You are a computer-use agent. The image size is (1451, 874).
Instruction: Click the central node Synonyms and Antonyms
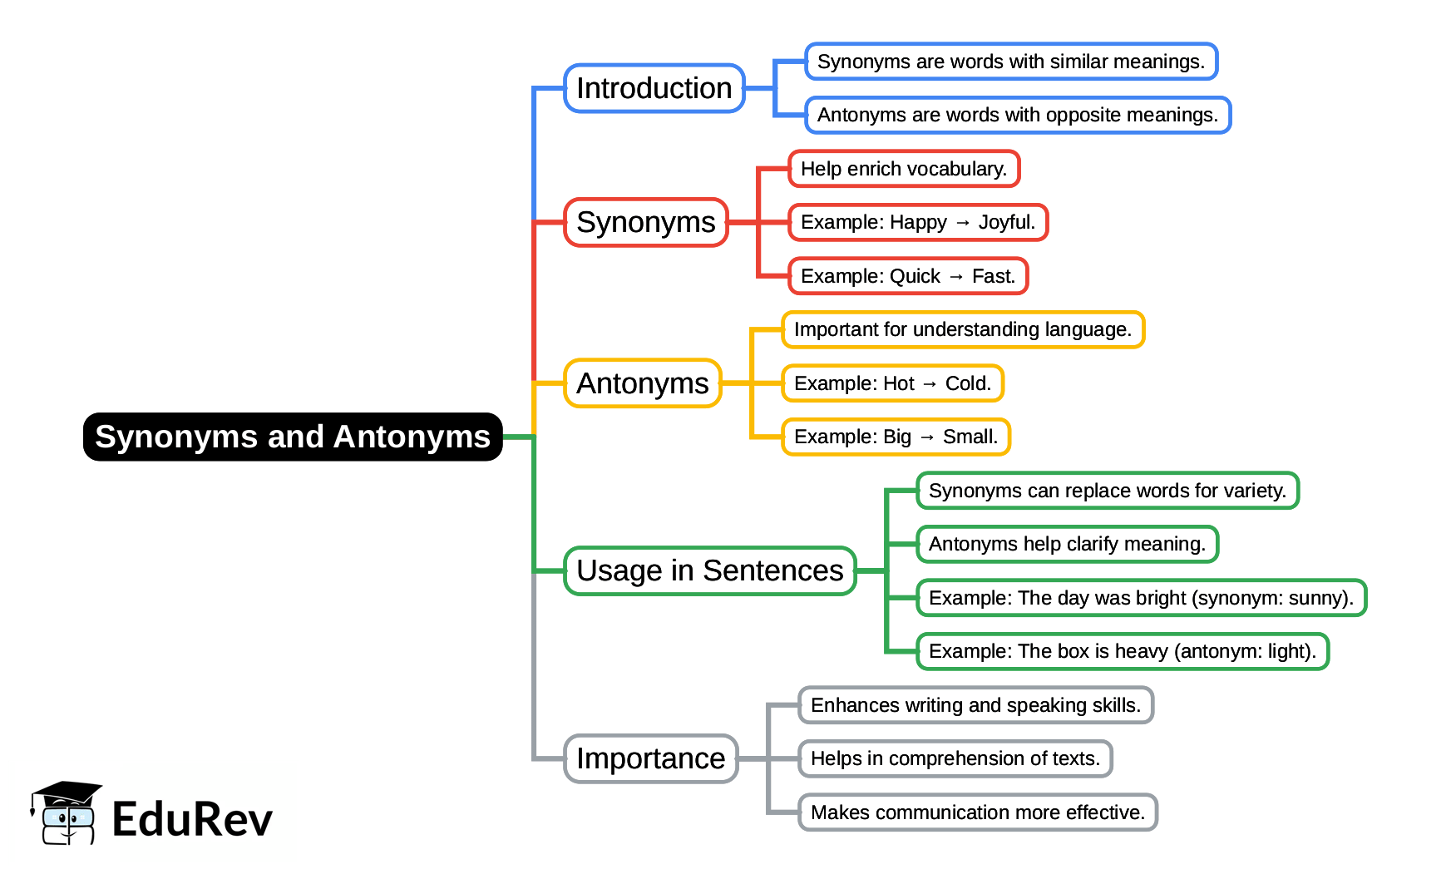(293, 437)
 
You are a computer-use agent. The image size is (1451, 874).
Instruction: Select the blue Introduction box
(654, 88)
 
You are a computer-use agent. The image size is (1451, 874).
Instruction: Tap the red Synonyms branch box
(646, 222)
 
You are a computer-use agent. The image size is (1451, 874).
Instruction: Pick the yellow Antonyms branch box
(643, 383)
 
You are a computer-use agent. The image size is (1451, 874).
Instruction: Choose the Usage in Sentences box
(709, 570)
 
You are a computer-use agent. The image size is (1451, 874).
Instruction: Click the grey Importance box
(651, 758)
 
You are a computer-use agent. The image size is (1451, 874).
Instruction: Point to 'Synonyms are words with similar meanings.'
(1011, 62)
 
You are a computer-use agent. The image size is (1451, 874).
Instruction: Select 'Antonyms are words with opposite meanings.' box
(1018, 115)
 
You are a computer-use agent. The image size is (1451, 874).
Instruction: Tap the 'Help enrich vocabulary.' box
(904, 169)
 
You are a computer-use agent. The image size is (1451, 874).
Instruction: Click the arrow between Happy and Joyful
(963, 223)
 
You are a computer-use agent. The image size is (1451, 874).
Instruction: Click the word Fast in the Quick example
(993, 276)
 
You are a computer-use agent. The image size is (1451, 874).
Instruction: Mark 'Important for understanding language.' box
(963, 329)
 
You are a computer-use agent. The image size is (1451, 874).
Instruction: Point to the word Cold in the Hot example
(968, 383)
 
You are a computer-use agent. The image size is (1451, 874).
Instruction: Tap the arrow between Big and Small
(927, 437)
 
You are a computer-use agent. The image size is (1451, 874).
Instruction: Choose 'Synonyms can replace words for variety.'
(1108, 491)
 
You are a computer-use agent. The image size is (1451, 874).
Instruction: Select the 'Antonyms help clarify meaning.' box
(1067, 544)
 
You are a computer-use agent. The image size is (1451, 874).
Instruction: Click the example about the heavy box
(1123, 651)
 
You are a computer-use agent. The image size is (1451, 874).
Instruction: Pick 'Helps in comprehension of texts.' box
(955, 758)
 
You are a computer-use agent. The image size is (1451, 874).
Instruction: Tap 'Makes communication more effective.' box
(978, 812)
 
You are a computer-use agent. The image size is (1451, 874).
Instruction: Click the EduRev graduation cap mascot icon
(66, 813)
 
